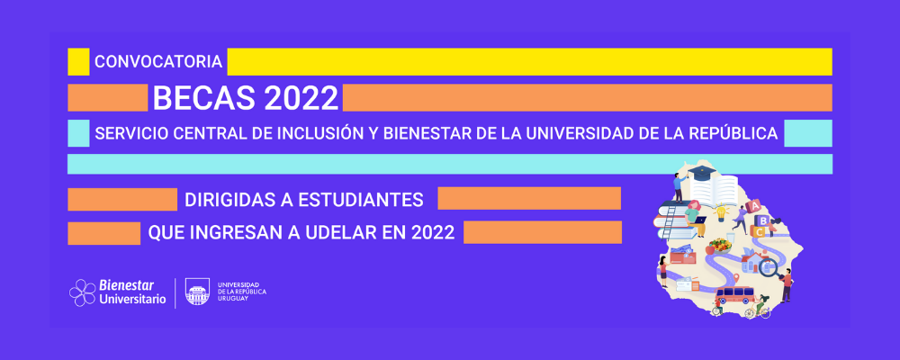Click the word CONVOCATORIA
158,62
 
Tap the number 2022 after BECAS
301,98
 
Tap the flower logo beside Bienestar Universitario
82,292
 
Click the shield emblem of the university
197,292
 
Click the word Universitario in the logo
132,299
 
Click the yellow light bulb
720,212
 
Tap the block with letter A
755,205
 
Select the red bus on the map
734,295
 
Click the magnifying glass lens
768,265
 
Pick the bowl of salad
720,246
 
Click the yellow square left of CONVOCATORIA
78,62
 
